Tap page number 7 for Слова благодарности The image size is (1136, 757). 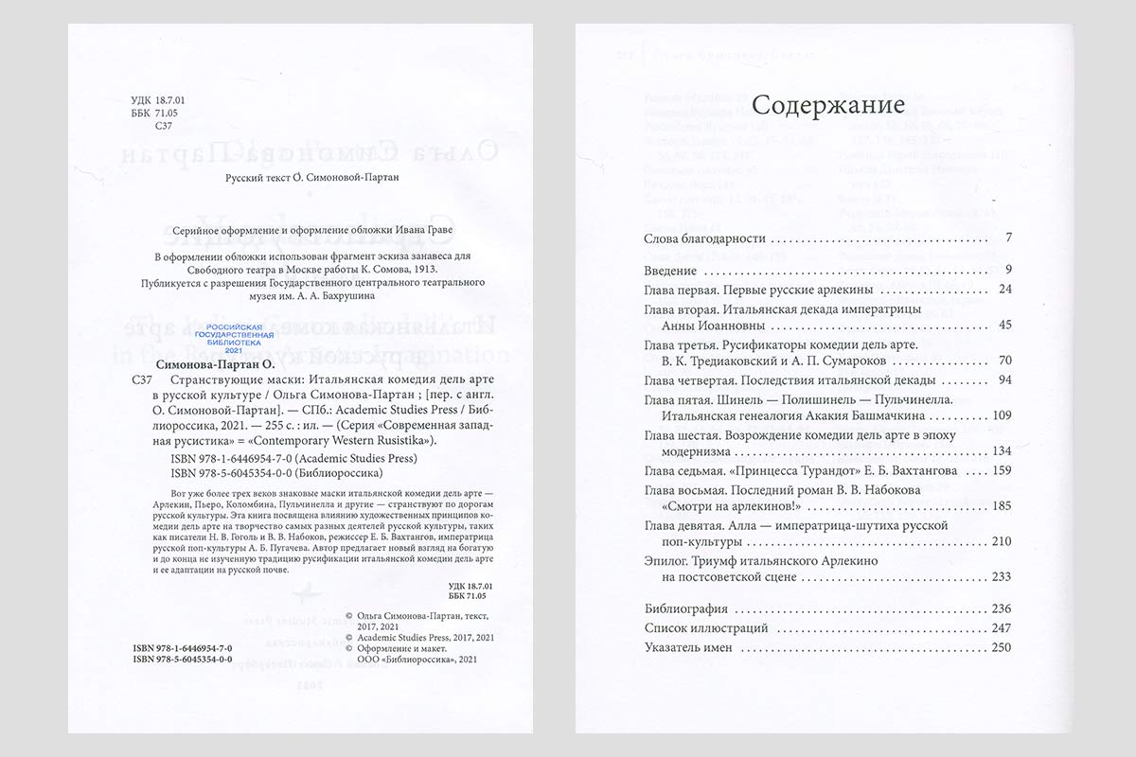coord(1009,238)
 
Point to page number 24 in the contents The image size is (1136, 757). coord(1005,290)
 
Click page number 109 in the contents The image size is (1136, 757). coord(1002,416)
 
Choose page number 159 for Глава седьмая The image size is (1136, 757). coord(1002,470)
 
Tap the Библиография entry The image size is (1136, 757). coord(685,609)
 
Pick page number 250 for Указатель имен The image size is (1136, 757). coord(1002,648)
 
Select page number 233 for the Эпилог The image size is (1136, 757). coord(1002,577)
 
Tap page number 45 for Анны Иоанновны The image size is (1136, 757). coord(1005,326)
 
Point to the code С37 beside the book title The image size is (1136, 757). coord(139,380)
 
